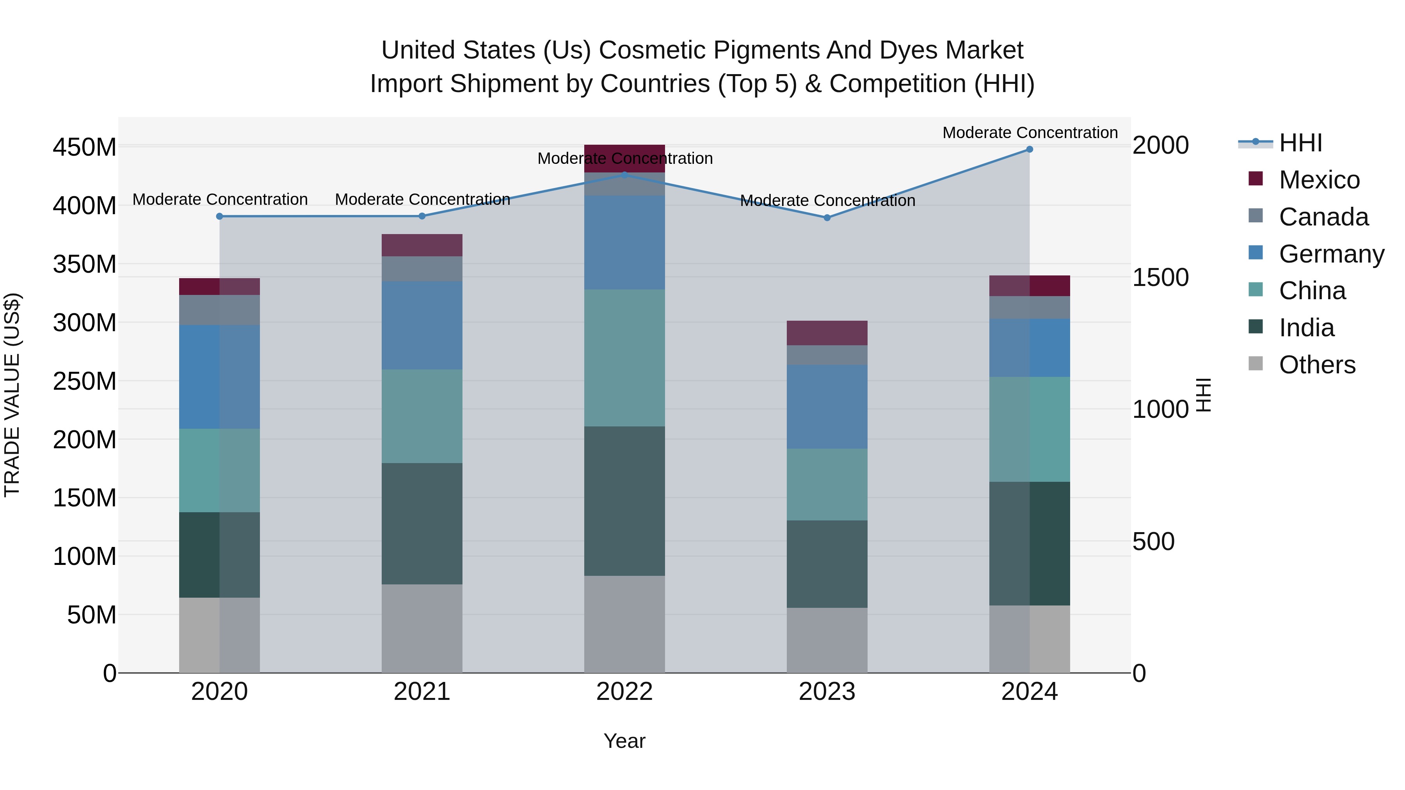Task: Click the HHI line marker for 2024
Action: [x=1029, y=149]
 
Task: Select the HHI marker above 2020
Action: [x=219, y=217]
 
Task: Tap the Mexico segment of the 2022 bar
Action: [x=624, y=158]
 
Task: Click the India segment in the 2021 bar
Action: [x=421, y=524]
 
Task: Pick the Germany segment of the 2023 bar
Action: [x=827, y=407]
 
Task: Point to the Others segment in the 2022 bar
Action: [x=624, y=624]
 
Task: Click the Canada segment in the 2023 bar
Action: [x=827, y=355]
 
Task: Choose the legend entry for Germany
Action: [x=1331, y=254]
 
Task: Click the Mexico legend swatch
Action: [x=1256, y=179]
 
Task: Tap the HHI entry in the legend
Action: [x=1300, y=143]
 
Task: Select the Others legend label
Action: [x=1317, y=365]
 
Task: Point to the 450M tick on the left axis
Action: [x=85, y=147]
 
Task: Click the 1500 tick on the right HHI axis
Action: [x=1161, y=277]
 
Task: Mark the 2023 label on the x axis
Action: [x=827, y=692]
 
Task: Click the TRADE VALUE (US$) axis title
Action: [x=12, y=395]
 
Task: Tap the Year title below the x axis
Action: [x=624, y=741]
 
